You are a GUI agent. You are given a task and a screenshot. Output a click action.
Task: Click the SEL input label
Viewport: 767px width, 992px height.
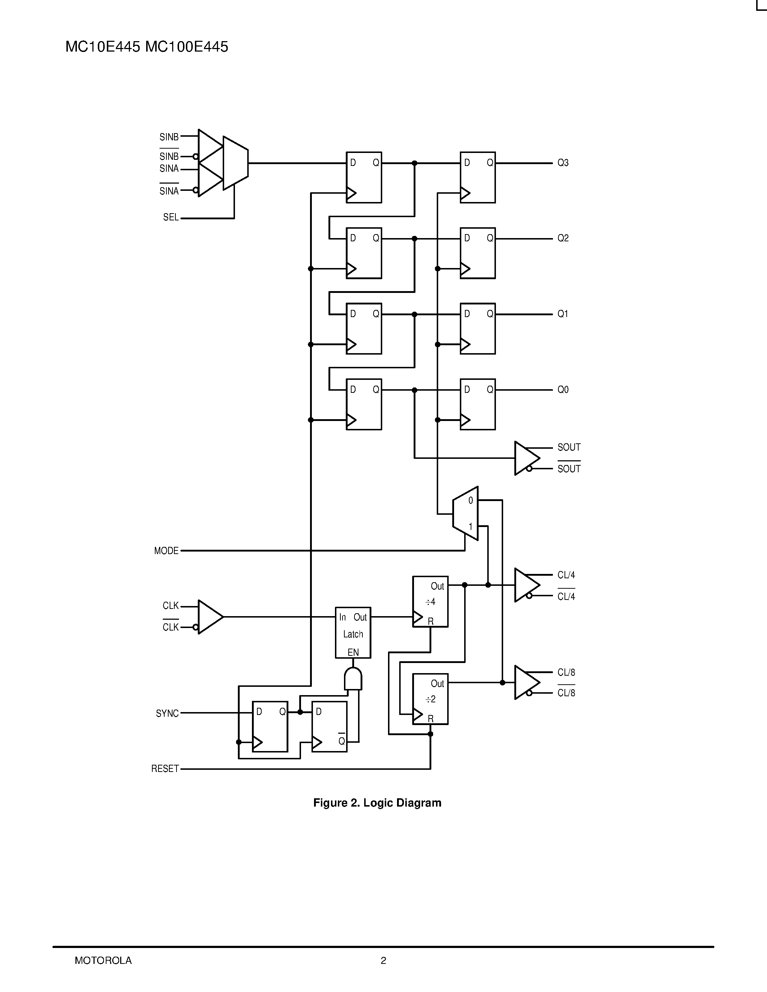[170, 218]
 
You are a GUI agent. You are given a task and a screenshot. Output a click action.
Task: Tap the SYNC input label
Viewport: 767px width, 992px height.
[167, 714]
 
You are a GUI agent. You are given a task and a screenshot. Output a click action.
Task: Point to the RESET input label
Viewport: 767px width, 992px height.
[165, 769]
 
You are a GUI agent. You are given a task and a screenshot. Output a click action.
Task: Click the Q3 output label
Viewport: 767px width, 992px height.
[563, 163]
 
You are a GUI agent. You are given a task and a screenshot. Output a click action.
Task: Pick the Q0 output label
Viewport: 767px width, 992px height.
[563, 390]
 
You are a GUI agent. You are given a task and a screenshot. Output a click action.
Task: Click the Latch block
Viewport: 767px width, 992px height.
[353, 633]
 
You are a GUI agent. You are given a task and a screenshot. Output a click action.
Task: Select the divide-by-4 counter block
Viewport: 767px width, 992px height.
[430, 602]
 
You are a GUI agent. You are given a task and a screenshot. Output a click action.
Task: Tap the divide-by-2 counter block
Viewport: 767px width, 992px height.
[430, 699]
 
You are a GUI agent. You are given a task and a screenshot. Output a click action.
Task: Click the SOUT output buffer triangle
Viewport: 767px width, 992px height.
[526, 458]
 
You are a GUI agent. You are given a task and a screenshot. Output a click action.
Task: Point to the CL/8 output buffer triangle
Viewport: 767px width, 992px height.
[526, 683]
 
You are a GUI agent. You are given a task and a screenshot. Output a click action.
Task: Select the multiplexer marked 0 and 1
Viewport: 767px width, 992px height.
[465, 514]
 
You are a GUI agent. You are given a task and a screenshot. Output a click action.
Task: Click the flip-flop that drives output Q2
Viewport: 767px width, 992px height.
[478, 253]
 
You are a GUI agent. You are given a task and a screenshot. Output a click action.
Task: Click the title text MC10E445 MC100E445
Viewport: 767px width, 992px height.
[147, 47]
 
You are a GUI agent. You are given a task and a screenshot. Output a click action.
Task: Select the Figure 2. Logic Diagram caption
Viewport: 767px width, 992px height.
[377, 803]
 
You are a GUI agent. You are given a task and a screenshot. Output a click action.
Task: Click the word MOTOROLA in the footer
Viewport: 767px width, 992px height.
[103, 960]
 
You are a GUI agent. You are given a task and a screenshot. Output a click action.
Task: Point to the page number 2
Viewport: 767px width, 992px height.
[383, 960]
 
